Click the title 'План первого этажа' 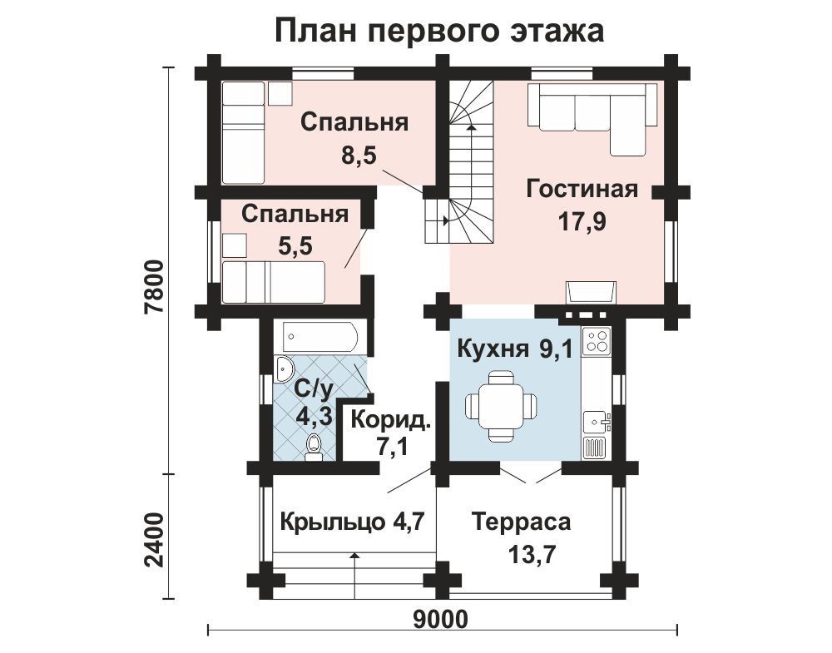pos(439,31)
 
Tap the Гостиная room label pos(582,190)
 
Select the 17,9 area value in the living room pos(582,222)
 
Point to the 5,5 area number pos(295,245)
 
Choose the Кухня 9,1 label pos(515,349)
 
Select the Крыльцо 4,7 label pos(352,522)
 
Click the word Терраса pos(521,522)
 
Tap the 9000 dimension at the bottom pos(440,619)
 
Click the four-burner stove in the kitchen pos(597,340)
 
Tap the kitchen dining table pos(500,406)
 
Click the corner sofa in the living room pos(592,118)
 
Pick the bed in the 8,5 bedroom pos(243,132)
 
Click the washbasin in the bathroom pos(285,369)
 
